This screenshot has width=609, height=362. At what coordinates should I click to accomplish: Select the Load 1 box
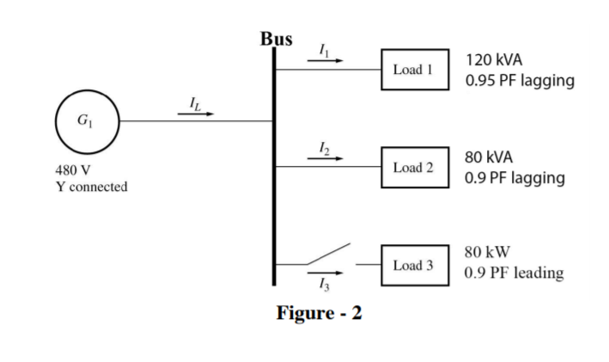coord(414,69)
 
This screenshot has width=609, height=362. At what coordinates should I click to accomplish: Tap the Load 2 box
coord(414,166)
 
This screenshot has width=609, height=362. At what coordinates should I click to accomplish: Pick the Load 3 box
coord(414,265)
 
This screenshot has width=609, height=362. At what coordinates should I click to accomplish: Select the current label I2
coord(323,148)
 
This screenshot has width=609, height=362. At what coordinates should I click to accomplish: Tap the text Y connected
coord(91,187)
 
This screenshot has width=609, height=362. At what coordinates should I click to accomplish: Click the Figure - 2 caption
coord(319,312)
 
